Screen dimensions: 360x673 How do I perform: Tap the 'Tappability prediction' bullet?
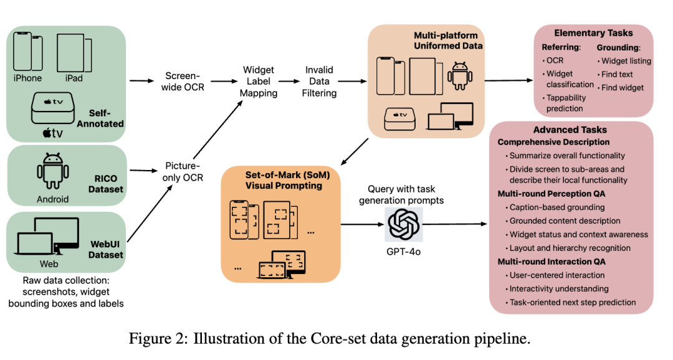[x=565, y=103]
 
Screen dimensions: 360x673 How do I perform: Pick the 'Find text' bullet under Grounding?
[x=617, y=74]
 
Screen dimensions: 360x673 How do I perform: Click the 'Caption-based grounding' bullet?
[x=556, y=207]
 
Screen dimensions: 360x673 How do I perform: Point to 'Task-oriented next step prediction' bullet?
[x=572, y=303]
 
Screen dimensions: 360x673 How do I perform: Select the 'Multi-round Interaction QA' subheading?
[x=551, y=262]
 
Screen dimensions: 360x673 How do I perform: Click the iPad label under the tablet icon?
[x=74, y=78]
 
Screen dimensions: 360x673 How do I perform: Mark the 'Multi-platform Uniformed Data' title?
[x=448, y=39]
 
